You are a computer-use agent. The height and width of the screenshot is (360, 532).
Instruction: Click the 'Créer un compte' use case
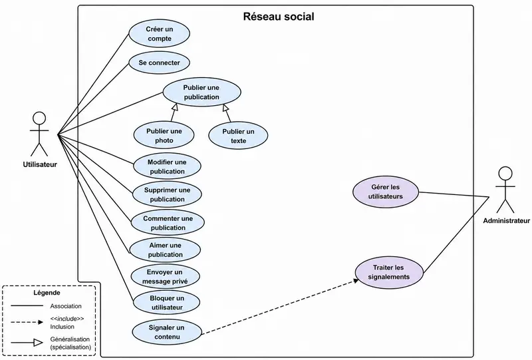(x=159, y=34)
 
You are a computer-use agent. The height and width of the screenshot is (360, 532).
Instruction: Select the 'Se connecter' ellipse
(x=159, y=63)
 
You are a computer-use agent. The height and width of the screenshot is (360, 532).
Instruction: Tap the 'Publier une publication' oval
(x=201, y=92)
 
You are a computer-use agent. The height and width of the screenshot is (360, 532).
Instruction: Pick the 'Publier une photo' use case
(x=164, y=136)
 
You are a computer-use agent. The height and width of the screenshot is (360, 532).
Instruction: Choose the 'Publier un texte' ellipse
(x=238, y=136)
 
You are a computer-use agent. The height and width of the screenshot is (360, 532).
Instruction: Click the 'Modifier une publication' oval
(x=167, y=166)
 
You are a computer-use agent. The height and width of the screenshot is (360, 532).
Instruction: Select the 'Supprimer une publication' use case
(x=167, y=194)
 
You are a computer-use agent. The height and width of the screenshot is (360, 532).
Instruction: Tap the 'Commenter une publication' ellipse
(x=168, y=223)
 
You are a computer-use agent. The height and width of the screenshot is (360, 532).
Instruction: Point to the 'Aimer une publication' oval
(x=165, y=250)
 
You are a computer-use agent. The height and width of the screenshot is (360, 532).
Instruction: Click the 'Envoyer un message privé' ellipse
(x=165, y=276)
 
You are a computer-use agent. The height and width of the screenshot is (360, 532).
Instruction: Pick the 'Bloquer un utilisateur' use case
(x=167, y=303)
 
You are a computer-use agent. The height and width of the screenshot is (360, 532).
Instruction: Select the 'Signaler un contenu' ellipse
(x=167, y=332)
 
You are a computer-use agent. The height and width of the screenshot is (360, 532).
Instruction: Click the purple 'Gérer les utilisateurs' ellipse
(x=386, y=192)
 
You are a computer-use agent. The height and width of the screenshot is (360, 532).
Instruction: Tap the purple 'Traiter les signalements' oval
(x=389, y=272)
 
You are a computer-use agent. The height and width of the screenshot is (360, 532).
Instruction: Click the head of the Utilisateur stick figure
(x=39, y=118)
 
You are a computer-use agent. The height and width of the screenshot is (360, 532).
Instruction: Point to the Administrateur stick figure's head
(x=505, y=173)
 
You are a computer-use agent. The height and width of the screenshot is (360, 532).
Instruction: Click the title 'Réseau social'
(x=279, y=16)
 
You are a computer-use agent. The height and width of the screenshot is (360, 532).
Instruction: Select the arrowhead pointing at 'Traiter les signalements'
(x=356, y=281)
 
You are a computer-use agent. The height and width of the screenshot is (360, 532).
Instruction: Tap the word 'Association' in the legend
(x=66, y=306)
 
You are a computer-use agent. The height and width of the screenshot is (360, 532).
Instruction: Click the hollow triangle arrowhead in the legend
(x=38, y=343)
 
